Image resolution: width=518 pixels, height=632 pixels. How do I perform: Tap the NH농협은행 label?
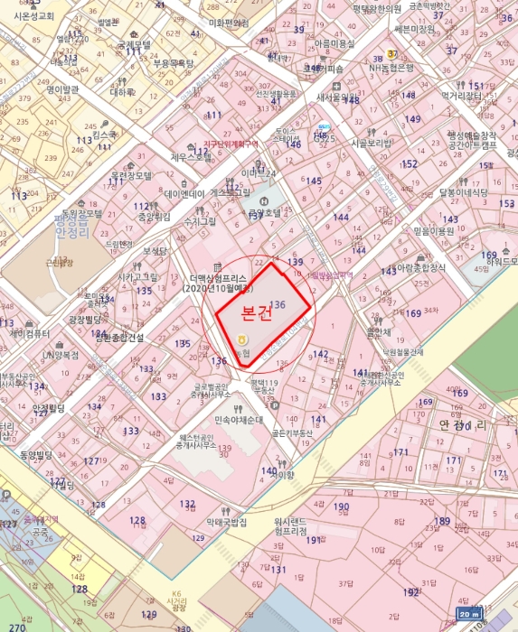(x=391, y=68)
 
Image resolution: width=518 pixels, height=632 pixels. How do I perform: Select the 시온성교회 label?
(x=34, y=16)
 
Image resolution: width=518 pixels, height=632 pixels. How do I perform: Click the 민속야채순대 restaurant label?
(x=239, y=419)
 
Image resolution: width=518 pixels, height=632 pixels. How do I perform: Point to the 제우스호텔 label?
(x=190, y=156)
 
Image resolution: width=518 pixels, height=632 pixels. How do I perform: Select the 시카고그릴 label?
(x=138, y=276)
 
